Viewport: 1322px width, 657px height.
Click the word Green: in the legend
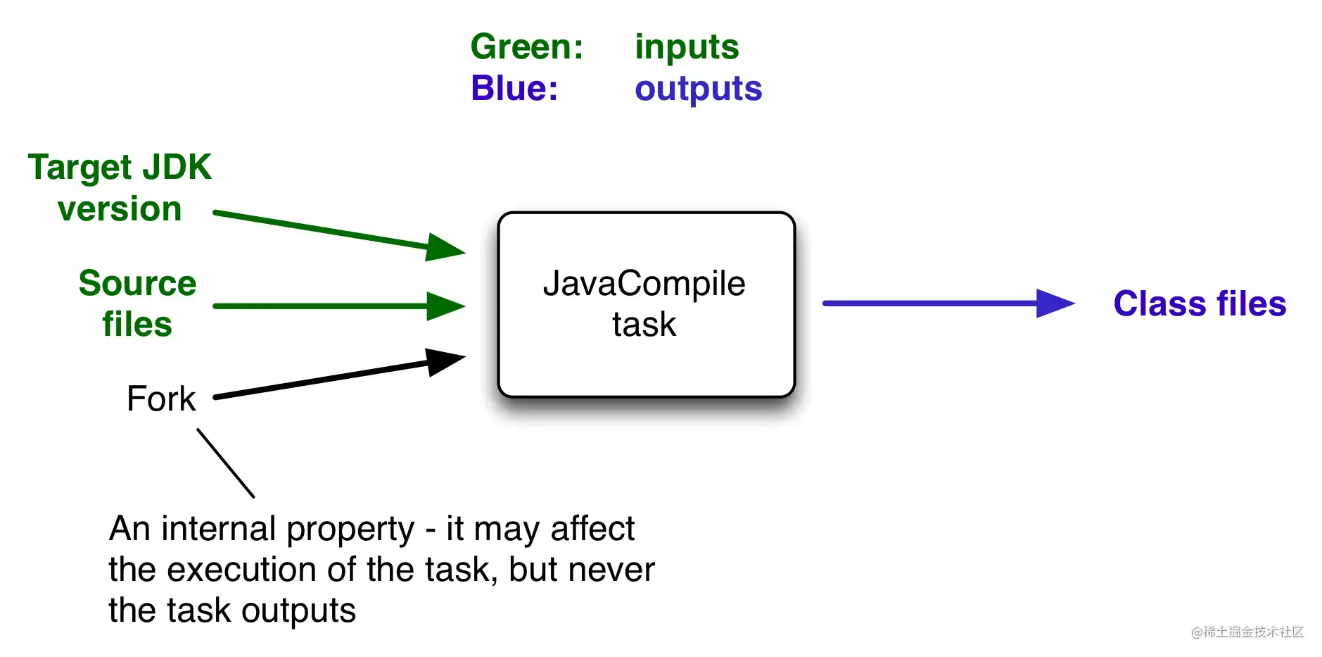[x=527, y=47]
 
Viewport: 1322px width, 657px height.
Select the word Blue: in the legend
[x=514, y=89]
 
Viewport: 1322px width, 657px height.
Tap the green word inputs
[x=687, y=47]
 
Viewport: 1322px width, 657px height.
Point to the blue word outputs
[x=698, y=89]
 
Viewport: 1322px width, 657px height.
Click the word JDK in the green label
[x=177, y=168]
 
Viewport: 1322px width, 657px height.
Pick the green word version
[x=120, y=209]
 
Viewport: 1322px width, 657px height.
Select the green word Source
[x=137, y=283]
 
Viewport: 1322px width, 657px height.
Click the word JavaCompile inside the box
[x=644, y=284]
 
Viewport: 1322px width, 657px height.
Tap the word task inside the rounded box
[x=644, y=325]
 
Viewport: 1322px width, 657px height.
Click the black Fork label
[x=161, y=399]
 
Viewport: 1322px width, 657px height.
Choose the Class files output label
[x=1200, y=304]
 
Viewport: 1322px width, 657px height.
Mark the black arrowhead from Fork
[x=444, y=361]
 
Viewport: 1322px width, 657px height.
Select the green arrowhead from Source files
[x=445, y=306]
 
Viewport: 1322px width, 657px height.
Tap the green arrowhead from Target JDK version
[x=444, y=247]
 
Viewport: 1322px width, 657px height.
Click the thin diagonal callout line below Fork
[x=225, y=463]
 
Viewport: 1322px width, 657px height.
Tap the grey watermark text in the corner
[x=1247, y=632]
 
